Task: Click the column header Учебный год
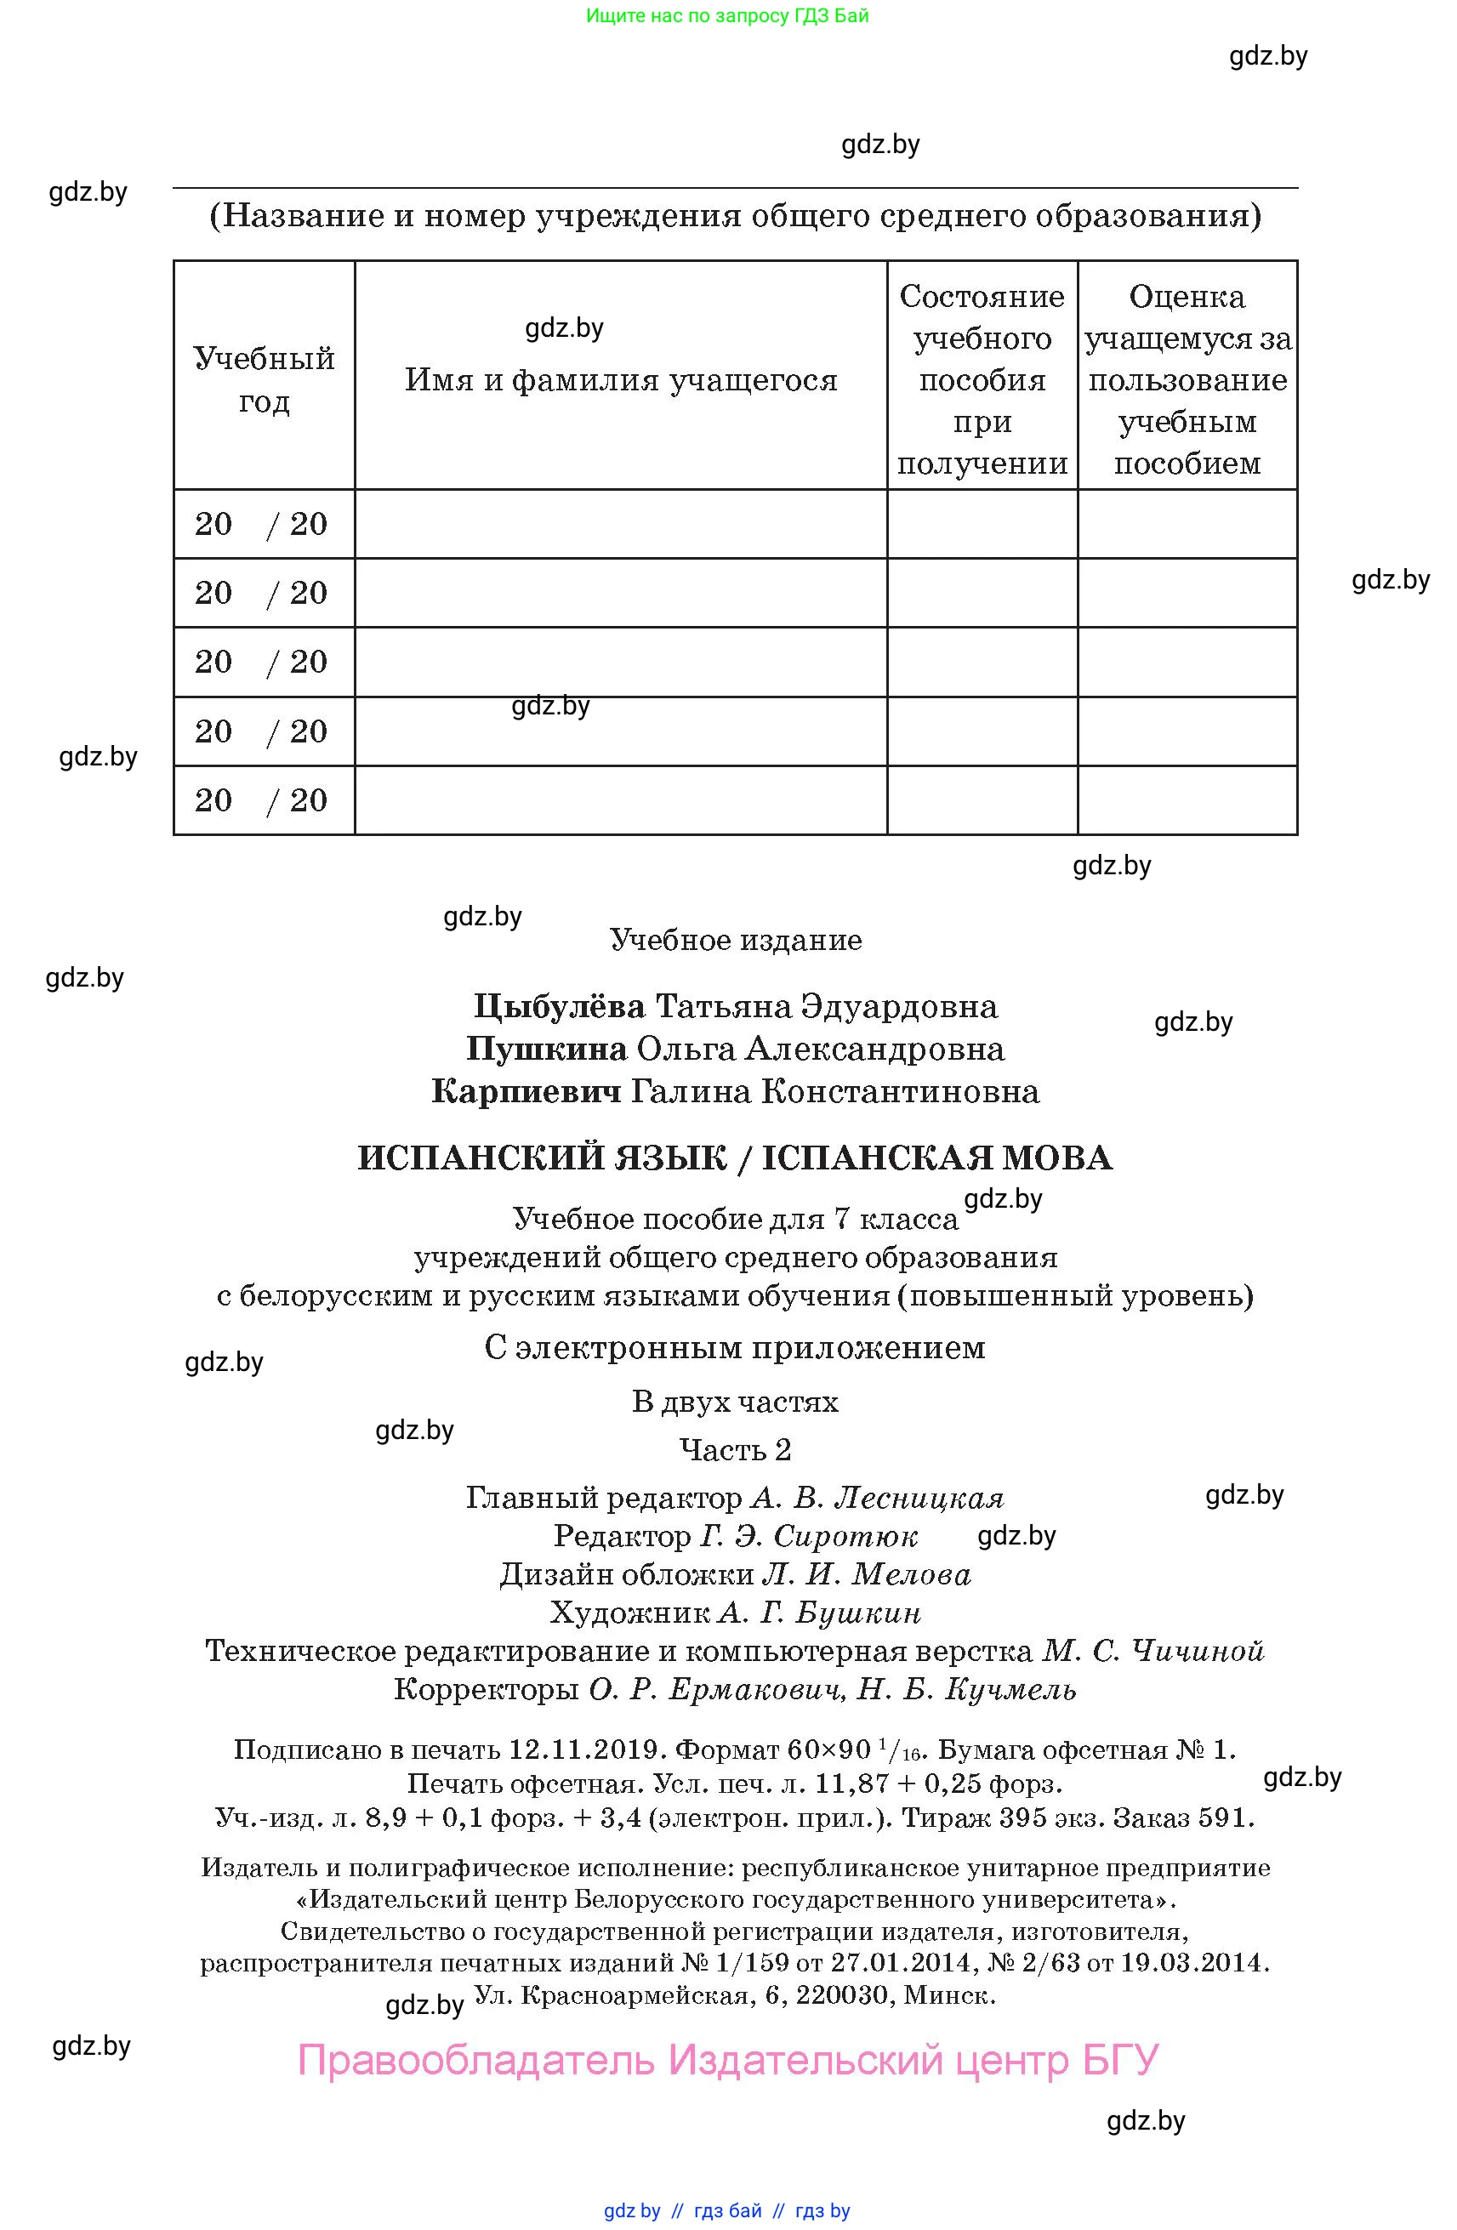pyautogui.click(x=264, y=378)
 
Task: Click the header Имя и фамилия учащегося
pyautogui.click(x=620, y=379)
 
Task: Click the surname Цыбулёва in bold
pyautogui.click(x=560, y=1006)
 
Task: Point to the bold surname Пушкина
pyautogui.click(x=546, y=1049)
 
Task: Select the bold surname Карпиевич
pyautogui.click(x=526, y=1091)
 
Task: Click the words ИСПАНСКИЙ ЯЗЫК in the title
pyautogui.click(x=543, y=1158)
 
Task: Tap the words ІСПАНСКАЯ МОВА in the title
pyautogui.click(x=937, y=1158)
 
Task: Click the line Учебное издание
pyautogui.click(x=736, y=940)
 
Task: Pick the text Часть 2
pyautogui.click(x=736, y=1449)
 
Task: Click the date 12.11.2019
pyautogui.click(x=587, y=1749)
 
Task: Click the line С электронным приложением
pyautogui.click(x=736, y=1347)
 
